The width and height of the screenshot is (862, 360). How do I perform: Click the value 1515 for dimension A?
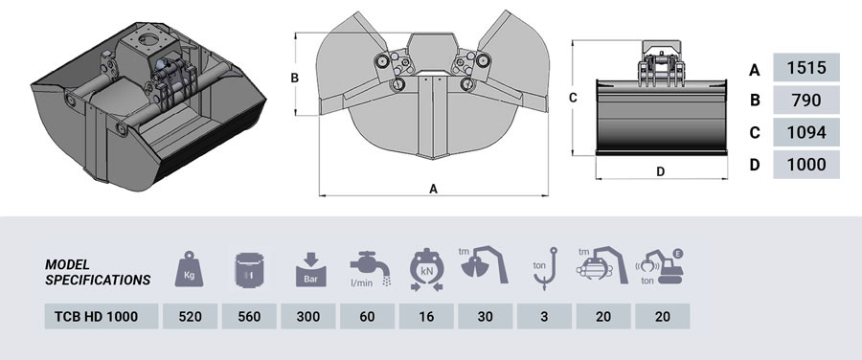pos(805,69)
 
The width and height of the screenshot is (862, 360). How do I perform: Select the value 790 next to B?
pos(805,100)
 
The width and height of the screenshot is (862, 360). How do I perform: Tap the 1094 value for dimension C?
pos(805,131)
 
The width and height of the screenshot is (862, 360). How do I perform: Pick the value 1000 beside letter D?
pos(805,164)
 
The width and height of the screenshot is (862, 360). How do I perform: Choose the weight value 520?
pos(190,317)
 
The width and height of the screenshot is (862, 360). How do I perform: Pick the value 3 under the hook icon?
pos(543,317)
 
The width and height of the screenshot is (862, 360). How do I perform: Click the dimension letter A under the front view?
pos(433,190)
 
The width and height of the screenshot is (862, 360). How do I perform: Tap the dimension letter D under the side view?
pos(660,172)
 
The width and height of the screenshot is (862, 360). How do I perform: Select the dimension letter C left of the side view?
pos(572,98)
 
